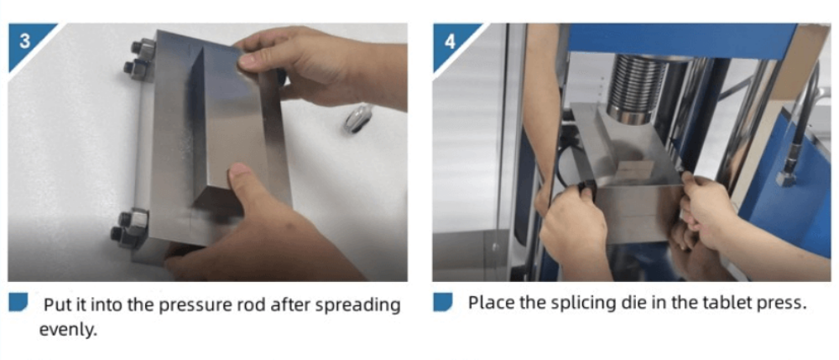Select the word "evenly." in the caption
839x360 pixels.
(68, 330)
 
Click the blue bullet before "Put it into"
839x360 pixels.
(18, 302)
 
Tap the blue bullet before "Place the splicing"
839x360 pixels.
(443, 302)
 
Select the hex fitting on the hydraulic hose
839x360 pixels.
(784, 178)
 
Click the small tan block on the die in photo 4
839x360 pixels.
(636, 169)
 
